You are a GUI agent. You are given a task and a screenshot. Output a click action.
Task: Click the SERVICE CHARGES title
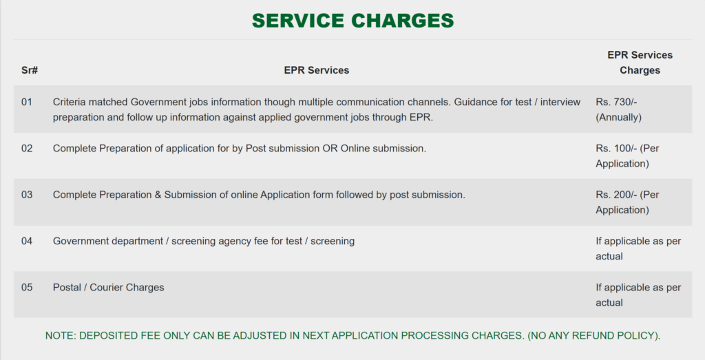(x=352, y=21)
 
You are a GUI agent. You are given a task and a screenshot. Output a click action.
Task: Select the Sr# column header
(x=30, y=70)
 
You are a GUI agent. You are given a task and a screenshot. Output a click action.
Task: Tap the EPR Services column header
(x=317, y=70)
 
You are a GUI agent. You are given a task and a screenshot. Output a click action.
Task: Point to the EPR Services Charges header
(x=640, y=63)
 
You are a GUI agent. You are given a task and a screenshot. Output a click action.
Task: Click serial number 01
(x=27, y=102)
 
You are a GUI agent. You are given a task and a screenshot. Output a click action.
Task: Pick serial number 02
(x=27, y=148)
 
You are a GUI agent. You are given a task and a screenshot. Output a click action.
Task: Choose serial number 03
(x=27, y=195)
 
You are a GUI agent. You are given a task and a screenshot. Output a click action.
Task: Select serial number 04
(x=27, y=241)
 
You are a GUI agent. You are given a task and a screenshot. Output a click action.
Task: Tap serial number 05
(x=27, y=287)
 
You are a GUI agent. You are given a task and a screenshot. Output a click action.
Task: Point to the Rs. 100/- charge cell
(x=627, y=156)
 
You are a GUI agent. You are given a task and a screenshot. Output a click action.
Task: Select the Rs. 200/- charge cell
(x=627, y=202)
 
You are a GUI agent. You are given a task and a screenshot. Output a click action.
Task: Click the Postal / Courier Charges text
(x=108, y=288)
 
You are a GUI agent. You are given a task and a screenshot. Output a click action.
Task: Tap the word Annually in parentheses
(x=619, y=117)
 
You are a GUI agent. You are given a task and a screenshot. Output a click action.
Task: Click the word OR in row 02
(x=330, y=148)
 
